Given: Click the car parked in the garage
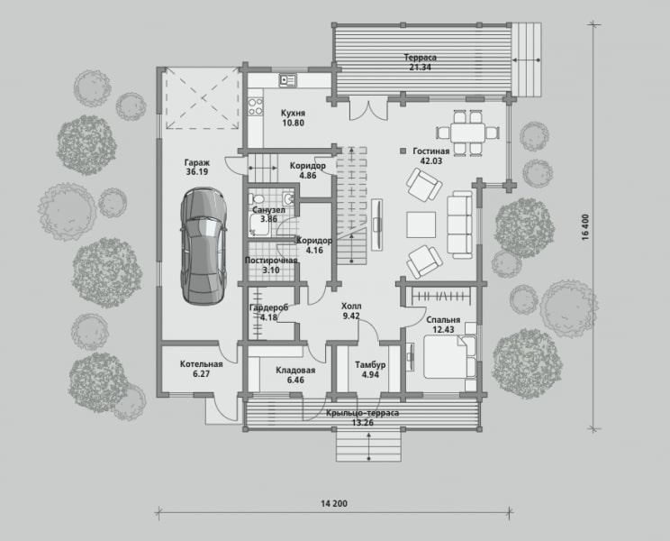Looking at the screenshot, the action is point(204,246).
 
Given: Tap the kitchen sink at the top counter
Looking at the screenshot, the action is point(288,80).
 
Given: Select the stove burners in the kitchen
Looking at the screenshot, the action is point(256,106).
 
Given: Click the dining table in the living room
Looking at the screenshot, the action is point(467,133).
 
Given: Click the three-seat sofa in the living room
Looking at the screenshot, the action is point(460,225).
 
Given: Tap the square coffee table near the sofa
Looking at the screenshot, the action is point(421,225).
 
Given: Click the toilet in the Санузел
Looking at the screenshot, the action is point(258,199).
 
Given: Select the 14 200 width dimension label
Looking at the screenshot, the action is point(334,503).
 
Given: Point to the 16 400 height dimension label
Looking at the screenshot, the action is point(585,226).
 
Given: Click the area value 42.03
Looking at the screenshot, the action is point(431,161).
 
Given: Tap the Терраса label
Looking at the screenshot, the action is point(421,58).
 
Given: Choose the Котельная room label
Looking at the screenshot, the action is point(201,364).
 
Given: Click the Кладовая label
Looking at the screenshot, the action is point(295,370).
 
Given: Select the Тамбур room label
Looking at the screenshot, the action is point(370,365).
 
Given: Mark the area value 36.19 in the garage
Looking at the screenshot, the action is point(197,172).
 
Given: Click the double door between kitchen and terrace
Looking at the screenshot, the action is point(368,109).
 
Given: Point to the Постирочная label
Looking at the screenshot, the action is point(271,261).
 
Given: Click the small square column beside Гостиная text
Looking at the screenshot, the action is point(403,151).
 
